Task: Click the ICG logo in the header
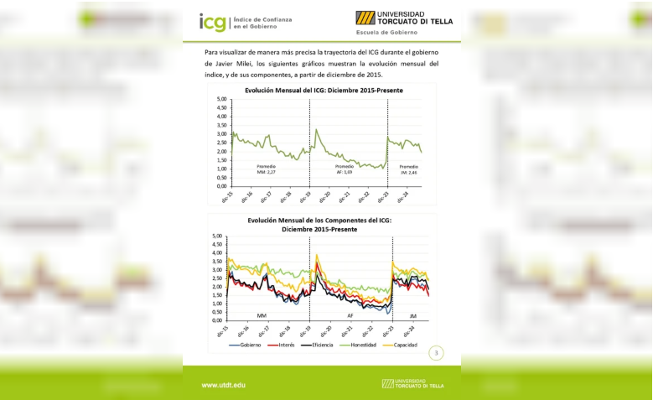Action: click(212, 22)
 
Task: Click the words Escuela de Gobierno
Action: click(388, 33)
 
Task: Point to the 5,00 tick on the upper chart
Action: click(222, 99)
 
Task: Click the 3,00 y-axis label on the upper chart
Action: click(222, 134)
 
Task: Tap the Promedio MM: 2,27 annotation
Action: click(266, 169)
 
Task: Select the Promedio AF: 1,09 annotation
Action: click(345, 169)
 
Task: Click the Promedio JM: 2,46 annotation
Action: click(408, 169)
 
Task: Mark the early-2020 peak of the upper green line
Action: click(316, 129)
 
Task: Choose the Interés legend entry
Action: click(283, 345)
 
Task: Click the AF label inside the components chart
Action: click(350, 315)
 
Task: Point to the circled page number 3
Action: click(436, 352)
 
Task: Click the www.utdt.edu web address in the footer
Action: click(223, 384)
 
